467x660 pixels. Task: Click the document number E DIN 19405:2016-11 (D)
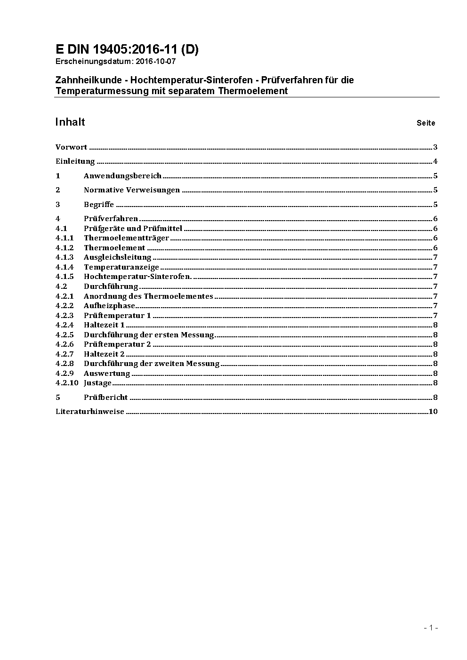(x=127, y=49)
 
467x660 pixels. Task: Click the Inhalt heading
(x=70, y=122)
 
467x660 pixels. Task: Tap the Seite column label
(x=426, y=123)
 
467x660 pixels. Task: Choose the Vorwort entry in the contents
(x=71, y=147)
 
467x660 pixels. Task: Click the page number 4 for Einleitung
(x=435, y=161)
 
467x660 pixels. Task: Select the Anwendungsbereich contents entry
(x=122, y=176)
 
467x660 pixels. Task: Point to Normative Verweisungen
(x=132, y=190)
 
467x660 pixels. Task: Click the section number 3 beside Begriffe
(x=58, y=205)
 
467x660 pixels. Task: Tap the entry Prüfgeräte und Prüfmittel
(x=133, y=229)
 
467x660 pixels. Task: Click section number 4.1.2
(x=64, y=248)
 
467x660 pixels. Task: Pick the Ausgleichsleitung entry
(x=117, y=257)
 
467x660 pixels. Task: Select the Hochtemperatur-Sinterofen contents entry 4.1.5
(x=137, y=277)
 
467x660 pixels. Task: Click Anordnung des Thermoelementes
(x=148, y=296)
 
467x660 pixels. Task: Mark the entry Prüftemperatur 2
(x=117, y=344)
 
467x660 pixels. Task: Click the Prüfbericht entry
(x=105, y=398)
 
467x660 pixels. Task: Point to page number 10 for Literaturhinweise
(x=433, y=412)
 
